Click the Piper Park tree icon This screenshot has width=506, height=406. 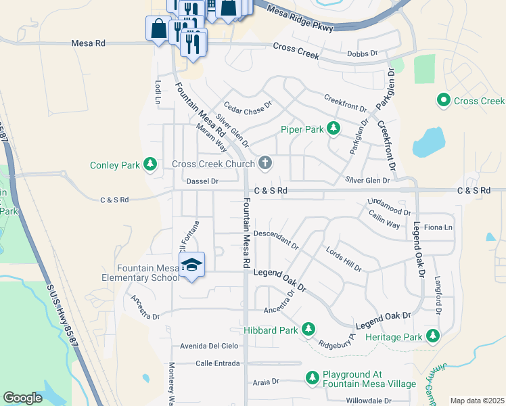pyautogui.click(x=333, y=128)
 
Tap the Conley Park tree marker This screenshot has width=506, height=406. pyautogui.click(x=150, y=164)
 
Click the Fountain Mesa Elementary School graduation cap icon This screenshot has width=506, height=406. pyautogui.click(x=191, y=265)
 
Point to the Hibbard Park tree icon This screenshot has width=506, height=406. pyautogui.click(x=308, y=330)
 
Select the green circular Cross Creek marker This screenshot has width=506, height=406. pyautogui.click(x=444, y=101)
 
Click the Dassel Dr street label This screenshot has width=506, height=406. pyautogui.click(x=203, y=181)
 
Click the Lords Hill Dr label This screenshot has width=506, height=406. pyautogui.click(x=343, y=258)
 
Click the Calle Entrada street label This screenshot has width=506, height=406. pyautogui.click(x=217, y=363)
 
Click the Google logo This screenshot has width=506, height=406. pyautogui.click(x=23, y=398)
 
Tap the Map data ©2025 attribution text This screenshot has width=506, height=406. pyautogui.click(x=476, y=401)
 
